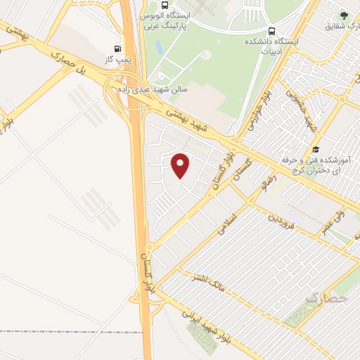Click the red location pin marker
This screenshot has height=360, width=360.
tap(181, 165)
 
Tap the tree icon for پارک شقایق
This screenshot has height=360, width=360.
tap(344, 14)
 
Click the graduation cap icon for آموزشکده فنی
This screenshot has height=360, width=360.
tap(316, 150)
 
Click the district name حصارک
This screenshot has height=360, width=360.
tap(327, 298)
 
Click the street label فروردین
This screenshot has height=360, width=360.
tap(279, 224)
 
